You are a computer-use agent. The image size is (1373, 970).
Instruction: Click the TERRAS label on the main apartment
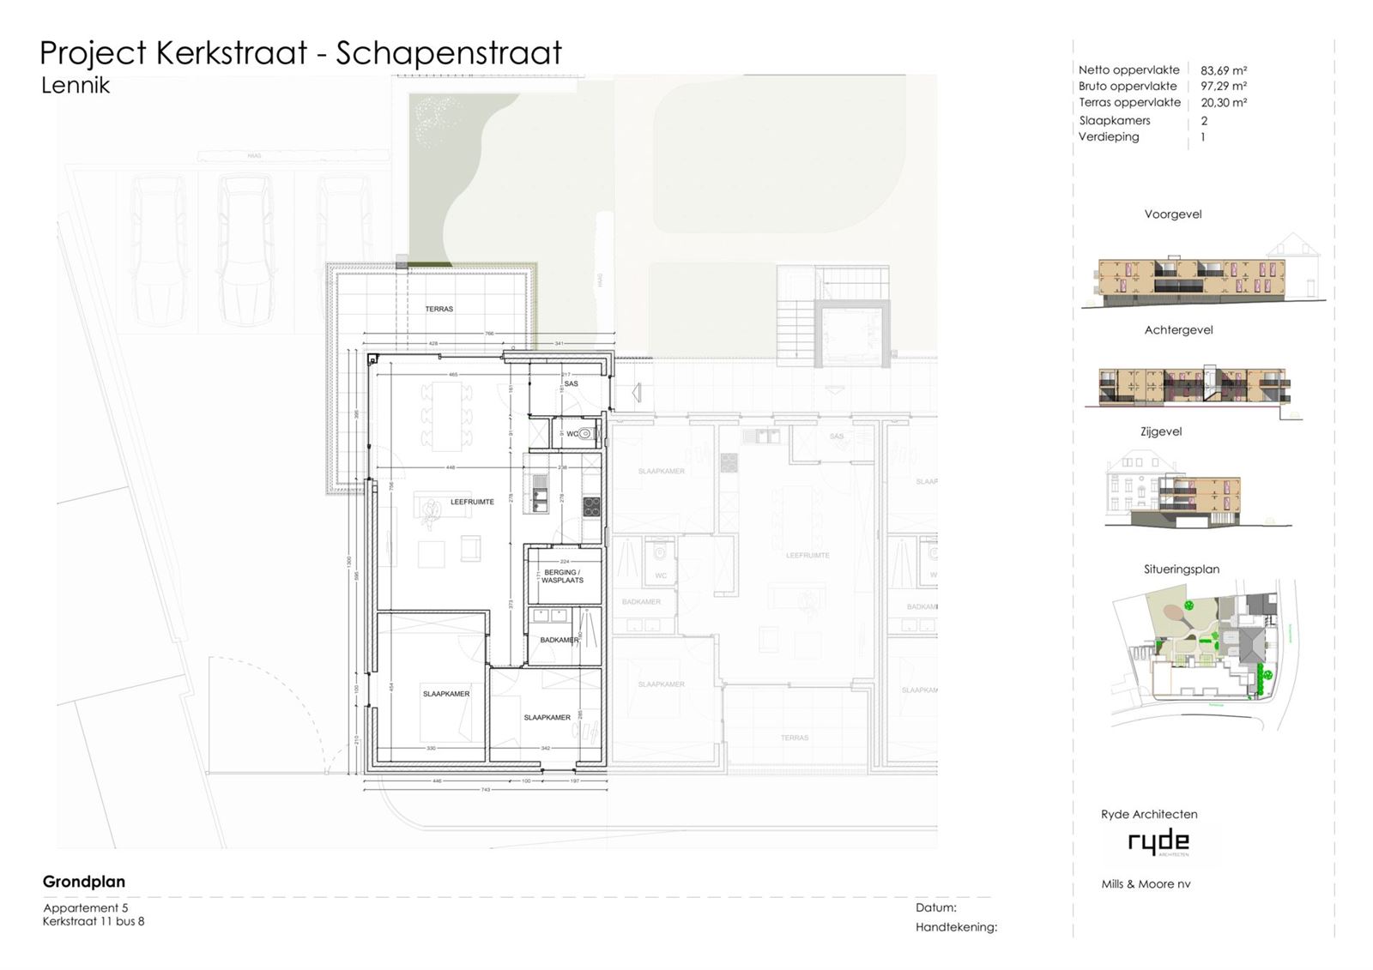coord(439,309)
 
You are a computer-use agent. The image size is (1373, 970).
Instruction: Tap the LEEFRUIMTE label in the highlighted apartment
coord(472,502)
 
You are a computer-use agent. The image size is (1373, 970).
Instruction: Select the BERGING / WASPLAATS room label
coord(562,576)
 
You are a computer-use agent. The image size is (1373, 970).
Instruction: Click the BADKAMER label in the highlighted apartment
coord(559,640)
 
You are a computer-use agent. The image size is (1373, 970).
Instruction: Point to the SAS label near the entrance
coord(571,383)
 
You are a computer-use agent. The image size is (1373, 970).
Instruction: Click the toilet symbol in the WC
coord(586,434)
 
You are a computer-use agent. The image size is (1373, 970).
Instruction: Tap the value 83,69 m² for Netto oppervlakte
coord(1223,70)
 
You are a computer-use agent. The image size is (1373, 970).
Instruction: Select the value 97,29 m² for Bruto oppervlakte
coord(1223,86)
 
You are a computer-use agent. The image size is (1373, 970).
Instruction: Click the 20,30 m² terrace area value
coord(1223,102)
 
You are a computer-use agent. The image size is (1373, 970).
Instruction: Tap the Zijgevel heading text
coord(1160,431)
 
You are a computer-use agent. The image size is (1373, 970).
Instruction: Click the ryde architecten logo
coord(1158,842)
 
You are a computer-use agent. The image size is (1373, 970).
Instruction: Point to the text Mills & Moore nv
coord(1146,884)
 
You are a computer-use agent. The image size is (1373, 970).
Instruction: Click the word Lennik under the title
coord(76,85)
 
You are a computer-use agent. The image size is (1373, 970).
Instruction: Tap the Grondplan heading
coord(84,882)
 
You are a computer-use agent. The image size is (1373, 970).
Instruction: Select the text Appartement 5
coord(86,907)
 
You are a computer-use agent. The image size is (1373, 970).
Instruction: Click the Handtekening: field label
coord(956,927)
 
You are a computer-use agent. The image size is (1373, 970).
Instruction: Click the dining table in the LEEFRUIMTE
coord(446,416)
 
